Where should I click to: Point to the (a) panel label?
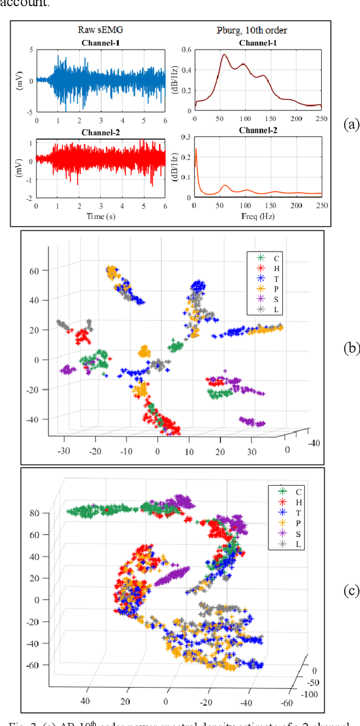[x=350, y=125]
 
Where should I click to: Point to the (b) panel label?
[x=351, y=348]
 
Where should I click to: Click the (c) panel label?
[x=351, y=591]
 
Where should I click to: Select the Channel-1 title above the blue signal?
[x=101, y=42]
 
